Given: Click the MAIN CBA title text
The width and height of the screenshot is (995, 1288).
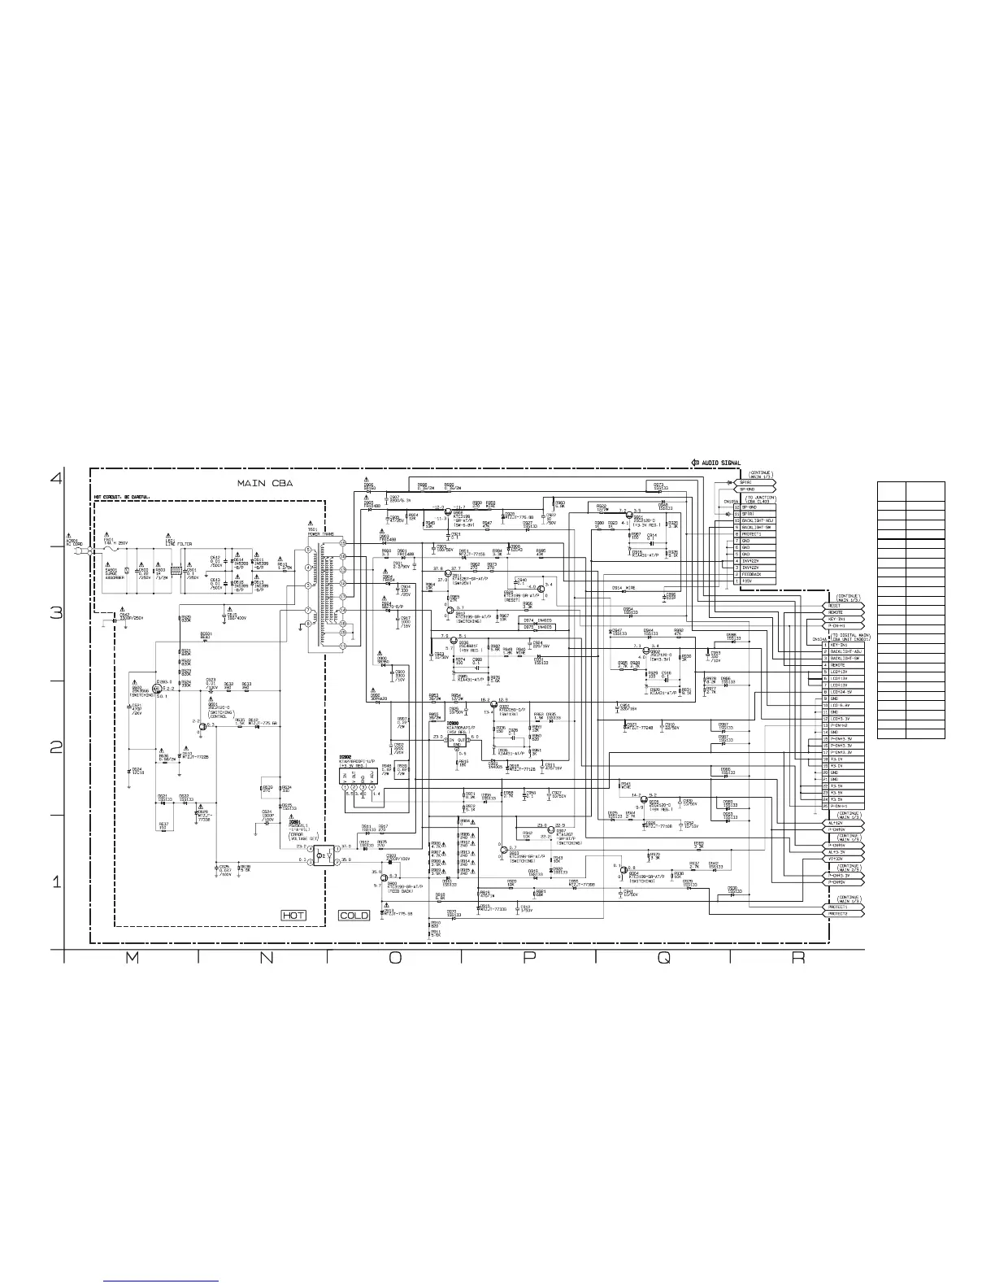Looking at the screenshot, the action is point(264,483).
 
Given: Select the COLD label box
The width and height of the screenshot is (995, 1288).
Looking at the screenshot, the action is point(354,915).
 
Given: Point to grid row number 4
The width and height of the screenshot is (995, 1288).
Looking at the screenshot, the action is point(56,478).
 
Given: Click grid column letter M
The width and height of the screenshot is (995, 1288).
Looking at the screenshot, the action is point(132,959).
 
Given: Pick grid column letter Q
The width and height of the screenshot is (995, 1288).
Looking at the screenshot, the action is point(663,959).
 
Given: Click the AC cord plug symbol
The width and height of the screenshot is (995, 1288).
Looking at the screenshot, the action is point(75,551).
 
